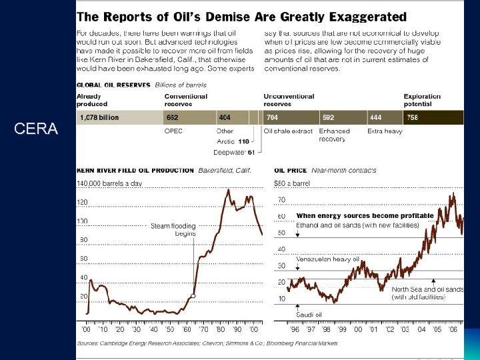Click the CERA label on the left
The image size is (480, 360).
35,129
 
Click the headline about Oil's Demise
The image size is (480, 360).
241,16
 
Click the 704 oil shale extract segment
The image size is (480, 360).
291,118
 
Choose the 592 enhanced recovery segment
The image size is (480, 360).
342,118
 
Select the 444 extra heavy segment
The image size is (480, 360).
383,118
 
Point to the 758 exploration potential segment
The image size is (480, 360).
433,118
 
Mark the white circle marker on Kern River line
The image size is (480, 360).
193,295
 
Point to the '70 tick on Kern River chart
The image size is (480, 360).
202,329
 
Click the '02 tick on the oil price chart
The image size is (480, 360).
389,329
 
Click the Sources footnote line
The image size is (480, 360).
207,343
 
